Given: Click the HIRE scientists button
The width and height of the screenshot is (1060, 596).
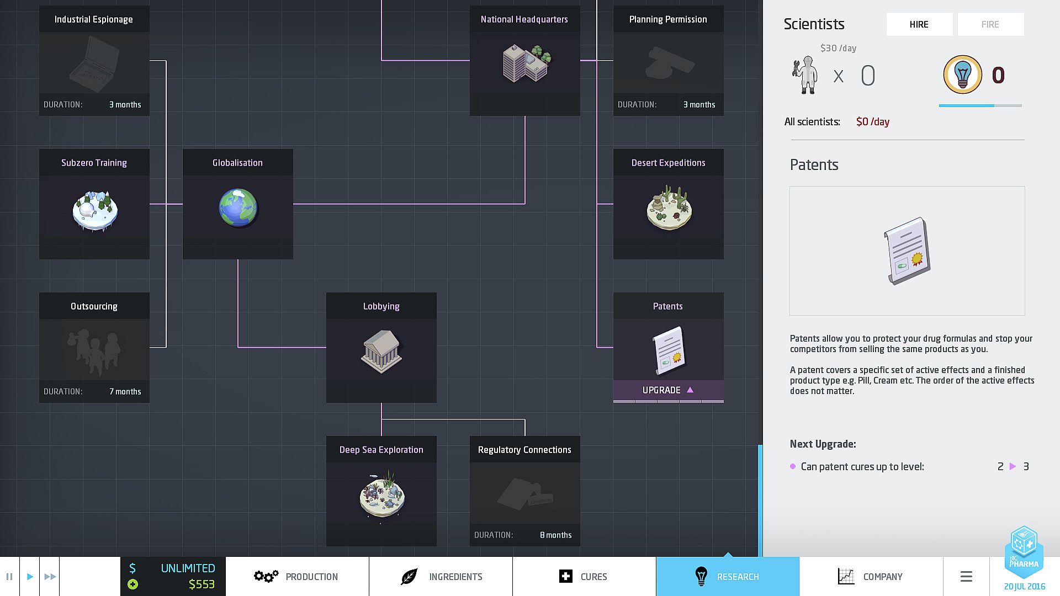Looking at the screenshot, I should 919,24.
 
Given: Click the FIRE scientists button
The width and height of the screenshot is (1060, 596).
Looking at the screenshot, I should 990,24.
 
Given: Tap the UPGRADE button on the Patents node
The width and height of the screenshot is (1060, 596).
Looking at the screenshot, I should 668,390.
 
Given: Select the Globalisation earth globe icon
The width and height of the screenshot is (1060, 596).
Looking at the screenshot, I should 238,209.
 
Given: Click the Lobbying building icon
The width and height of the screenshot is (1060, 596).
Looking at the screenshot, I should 381,352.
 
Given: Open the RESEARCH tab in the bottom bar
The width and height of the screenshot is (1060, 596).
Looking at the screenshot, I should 728,577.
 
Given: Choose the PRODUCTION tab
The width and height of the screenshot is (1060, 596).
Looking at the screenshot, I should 297,577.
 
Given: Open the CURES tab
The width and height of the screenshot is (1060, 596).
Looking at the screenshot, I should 584,577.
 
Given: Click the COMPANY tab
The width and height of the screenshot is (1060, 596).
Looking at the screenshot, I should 871,577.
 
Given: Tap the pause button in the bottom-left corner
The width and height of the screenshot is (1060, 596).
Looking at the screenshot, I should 9,577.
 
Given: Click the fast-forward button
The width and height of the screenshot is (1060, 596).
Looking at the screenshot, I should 50,577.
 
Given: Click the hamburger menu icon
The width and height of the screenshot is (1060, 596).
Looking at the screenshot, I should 966,577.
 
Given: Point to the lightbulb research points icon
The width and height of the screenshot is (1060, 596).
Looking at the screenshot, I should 962,74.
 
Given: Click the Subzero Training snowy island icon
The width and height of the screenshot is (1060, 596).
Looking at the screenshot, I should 95,210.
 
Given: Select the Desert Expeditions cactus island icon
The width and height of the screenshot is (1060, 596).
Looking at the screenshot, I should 669,209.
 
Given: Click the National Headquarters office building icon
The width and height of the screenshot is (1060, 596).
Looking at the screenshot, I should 526,63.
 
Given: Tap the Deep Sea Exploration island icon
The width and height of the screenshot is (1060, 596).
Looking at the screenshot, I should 381,494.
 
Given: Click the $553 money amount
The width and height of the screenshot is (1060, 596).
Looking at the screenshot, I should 202,584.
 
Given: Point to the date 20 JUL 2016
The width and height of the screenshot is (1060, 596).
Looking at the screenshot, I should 1024,587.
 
